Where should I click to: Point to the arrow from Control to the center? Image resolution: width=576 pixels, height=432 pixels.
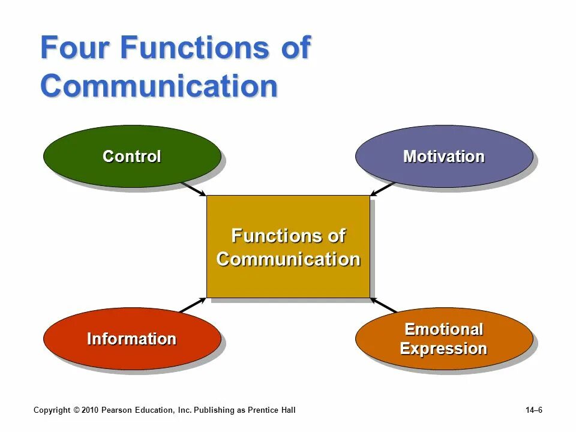pos(193,189)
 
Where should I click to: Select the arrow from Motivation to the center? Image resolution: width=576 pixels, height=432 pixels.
pos(382,189)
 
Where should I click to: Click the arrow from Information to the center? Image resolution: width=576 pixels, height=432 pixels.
pos(193,305)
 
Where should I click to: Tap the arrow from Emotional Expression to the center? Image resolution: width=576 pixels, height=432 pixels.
pos(384,305)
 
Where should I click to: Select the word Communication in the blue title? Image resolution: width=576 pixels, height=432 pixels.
pos(159,86)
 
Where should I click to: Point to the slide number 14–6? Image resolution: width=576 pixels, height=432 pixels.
pos(533,410)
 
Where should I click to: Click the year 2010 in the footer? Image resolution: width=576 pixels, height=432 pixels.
pos(89,410)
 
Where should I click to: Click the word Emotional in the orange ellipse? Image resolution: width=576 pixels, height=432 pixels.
pos(443,329)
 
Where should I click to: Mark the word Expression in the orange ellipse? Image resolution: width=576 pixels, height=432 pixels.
pos(443,349)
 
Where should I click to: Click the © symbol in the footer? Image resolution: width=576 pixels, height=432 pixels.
pos(76,410)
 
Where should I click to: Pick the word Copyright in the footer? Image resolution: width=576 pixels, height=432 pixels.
pos(52,410)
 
